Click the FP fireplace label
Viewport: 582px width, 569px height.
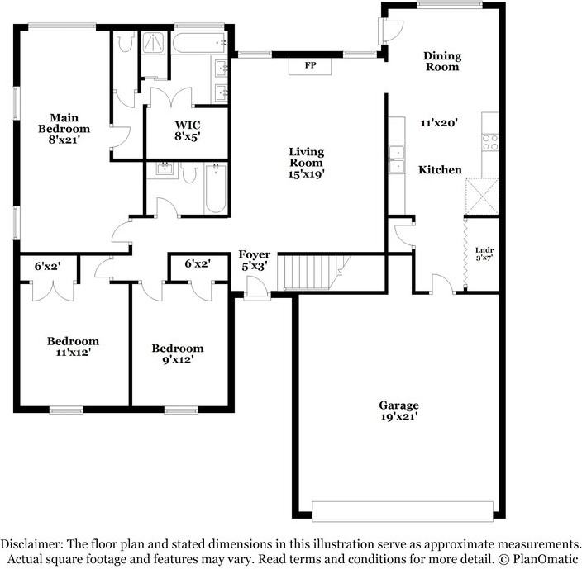tap(310, 65)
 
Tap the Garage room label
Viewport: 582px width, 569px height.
tap(398, 405)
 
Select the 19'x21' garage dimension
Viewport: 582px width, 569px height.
tap(399, 417)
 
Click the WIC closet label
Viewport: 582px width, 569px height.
tap(188, 125)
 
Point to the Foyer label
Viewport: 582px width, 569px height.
tap(255, 254)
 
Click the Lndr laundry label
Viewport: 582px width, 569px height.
tap(484, 250)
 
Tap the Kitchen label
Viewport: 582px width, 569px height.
tap(440, 170)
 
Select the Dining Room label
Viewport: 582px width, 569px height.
tap(442, 61)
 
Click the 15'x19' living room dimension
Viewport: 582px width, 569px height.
tap(307, 174)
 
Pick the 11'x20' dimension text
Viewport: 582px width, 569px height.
tap(439, 123)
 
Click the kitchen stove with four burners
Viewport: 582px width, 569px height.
tap(490, 142)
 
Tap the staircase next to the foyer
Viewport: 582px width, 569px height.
tap(313, 272)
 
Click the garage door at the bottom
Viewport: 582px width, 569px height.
tap(403, 511)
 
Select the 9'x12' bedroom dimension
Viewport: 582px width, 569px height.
tap(179, 359)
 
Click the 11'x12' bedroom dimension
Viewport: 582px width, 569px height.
tap(74, 352)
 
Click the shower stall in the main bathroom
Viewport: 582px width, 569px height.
tap(154, 43)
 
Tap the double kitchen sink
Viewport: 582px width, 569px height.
tap(397, 159)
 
